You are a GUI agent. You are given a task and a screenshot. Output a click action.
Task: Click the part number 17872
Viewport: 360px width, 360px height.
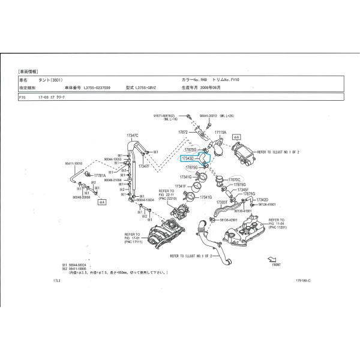(184, 131)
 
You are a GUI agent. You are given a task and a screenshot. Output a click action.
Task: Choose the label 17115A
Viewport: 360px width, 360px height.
(221, 131)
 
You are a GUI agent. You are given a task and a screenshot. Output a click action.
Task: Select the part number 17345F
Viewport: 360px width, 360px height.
(242, 190)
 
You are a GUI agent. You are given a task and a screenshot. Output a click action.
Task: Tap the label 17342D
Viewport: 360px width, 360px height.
(262, 199)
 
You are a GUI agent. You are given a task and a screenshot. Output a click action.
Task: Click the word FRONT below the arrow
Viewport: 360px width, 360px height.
(276, 265)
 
